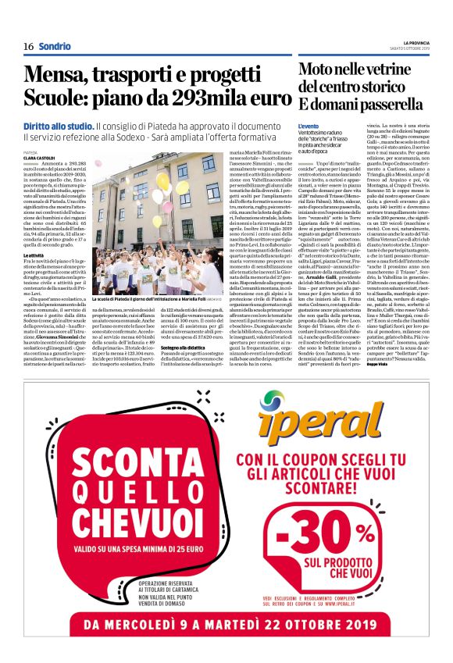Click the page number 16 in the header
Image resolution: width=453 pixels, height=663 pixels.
point(28,46)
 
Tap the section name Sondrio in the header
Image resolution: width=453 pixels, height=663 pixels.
point(55,46)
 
